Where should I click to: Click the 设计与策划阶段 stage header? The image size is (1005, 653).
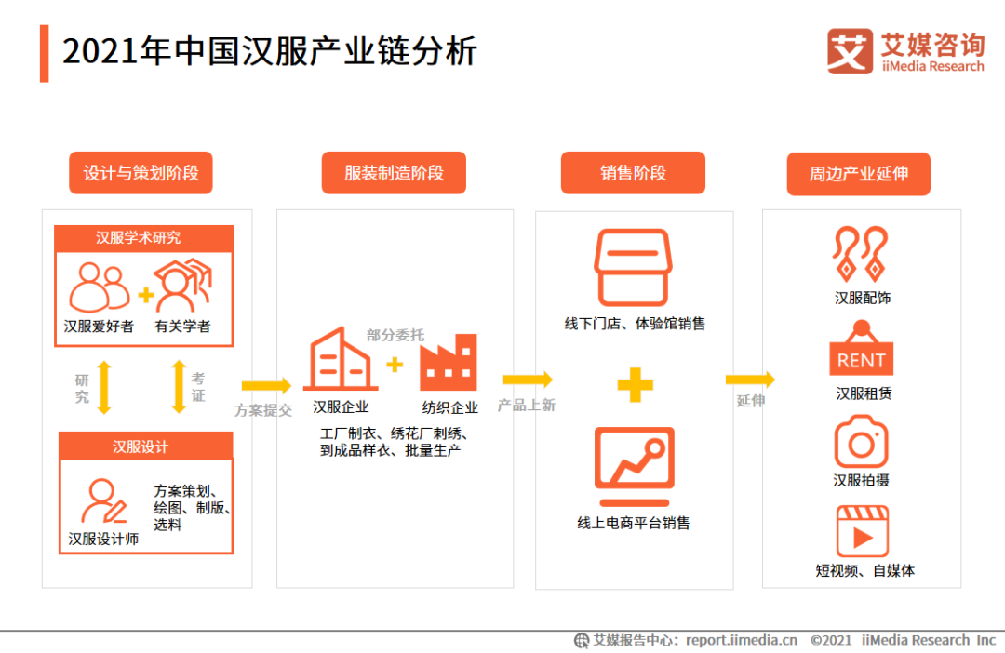coord(141,173)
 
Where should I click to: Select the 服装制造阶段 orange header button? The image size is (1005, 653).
coord(394,173)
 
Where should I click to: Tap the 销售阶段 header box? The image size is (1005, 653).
coord(633,173)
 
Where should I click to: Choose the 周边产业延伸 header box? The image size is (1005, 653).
coord(858,174)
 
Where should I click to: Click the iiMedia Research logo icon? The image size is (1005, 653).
coord(850,51)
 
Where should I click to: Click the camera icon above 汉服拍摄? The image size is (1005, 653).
coord(861,442)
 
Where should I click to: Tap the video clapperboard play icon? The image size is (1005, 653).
coord(862,531)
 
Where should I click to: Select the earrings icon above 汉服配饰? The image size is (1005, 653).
coord(860,254)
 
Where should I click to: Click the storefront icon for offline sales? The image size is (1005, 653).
coord(633,268)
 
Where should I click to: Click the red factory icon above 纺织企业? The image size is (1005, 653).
coord(448,362)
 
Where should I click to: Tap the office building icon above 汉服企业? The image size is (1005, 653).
coord(340,359)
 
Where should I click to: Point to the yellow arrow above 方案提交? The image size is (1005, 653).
coord(267,385)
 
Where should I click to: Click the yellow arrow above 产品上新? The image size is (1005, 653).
coord(528,380)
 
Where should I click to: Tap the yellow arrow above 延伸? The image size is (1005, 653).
coord(750,380)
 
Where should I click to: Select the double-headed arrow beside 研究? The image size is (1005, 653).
coord(104,388)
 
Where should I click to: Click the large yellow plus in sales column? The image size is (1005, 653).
coord(636,384)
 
